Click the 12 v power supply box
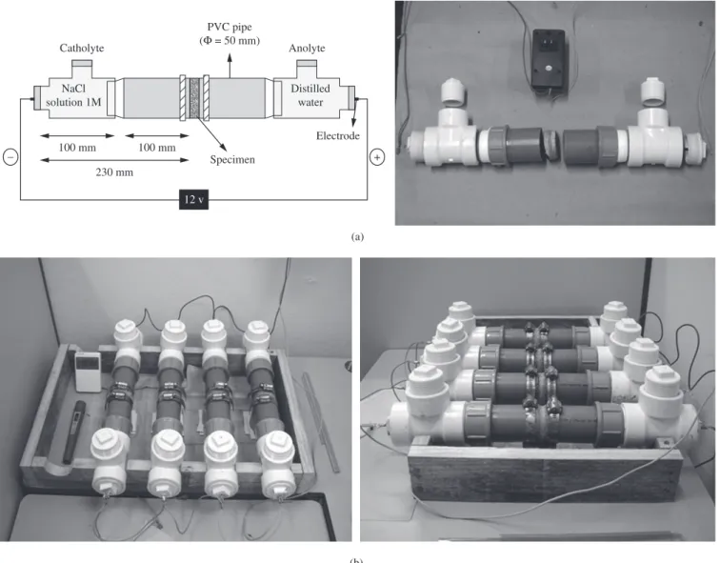tap(193, 200)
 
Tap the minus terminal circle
tap(10, 157)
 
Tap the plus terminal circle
tap(377, 157)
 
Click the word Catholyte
tap(82, 49)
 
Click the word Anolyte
tap(307, 49)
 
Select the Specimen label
tap(232, 160)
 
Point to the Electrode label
tap(338, 135)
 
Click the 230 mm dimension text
tap(114, 172)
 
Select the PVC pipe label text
tap(230, 33)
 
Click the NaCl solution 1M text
tap(73, 95)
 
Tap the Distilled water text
tap(310, 95)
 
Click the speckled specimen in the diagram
tap(194, 98)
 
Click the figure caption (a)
tap(357, 237)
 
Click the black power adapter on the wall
tap(549, 58)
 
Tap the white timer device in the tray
tap(88, 372)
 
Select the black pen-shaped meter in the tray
tap(74, 432)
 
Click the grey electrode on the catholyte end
tap(37, 98)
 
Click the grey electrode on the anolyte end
tap(351, 98)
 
